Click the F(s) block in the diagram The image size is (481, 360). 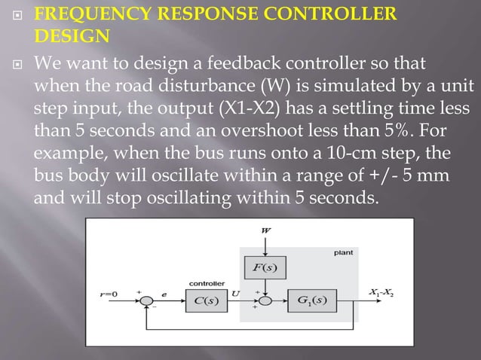click(x=259, y=267)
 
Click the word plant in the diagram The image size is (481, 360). click(x=343, y=254)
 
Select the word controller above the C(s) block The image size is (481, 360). click(x=204, y=283)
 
